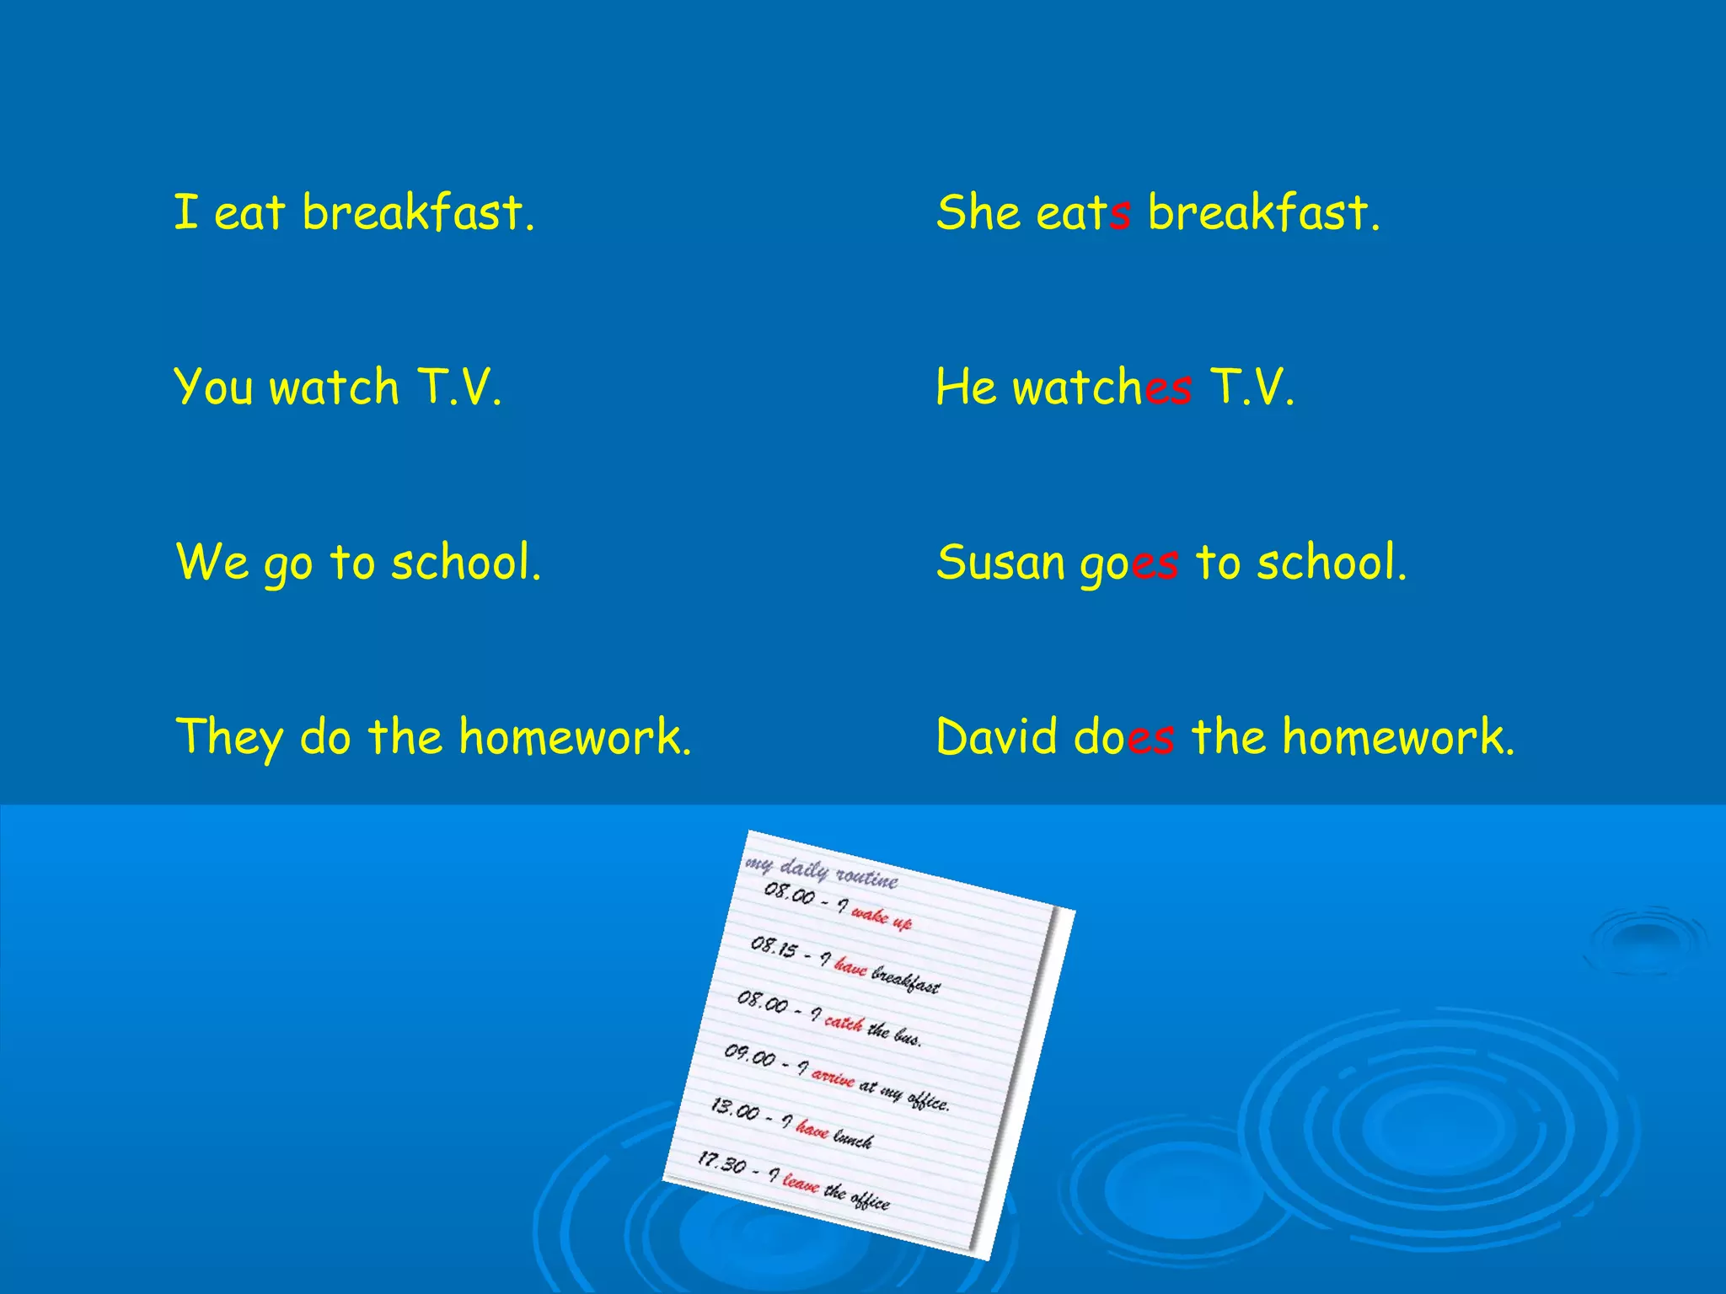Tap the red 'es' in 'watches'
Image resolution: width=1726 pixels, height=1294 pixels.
pos(1168,389)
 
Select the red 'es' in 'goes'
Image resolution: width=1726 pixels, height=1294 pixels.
pos(1155,564)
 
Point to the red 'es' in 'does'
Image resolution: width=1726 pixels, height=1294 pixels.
pos(1150,738)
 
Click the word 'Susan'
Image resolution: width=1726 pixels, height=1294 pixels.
pos(1000,563)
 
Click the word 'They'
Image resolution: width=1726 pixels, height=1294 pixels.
pos(228,738)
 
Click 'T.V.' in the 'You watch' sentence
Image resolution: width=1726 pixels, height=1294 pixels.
pos(459,388)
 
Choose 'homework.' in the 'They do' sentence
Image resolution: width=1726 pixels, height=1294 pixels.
pos(575,737)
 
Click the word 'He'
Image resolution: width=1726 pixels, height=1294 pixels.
pos(966,388)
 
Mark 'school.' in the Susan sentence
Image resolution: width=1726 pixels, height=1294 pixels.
pos(1332,563)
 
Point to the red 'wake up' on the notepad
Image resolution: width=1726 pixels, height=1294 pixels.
pos(881,917)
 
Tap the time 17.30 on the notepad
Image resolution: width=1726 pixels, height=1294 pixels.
pos(721,1163)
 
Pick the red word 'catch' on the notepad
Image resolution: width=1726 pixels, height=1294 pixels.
pos(844,1022)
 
